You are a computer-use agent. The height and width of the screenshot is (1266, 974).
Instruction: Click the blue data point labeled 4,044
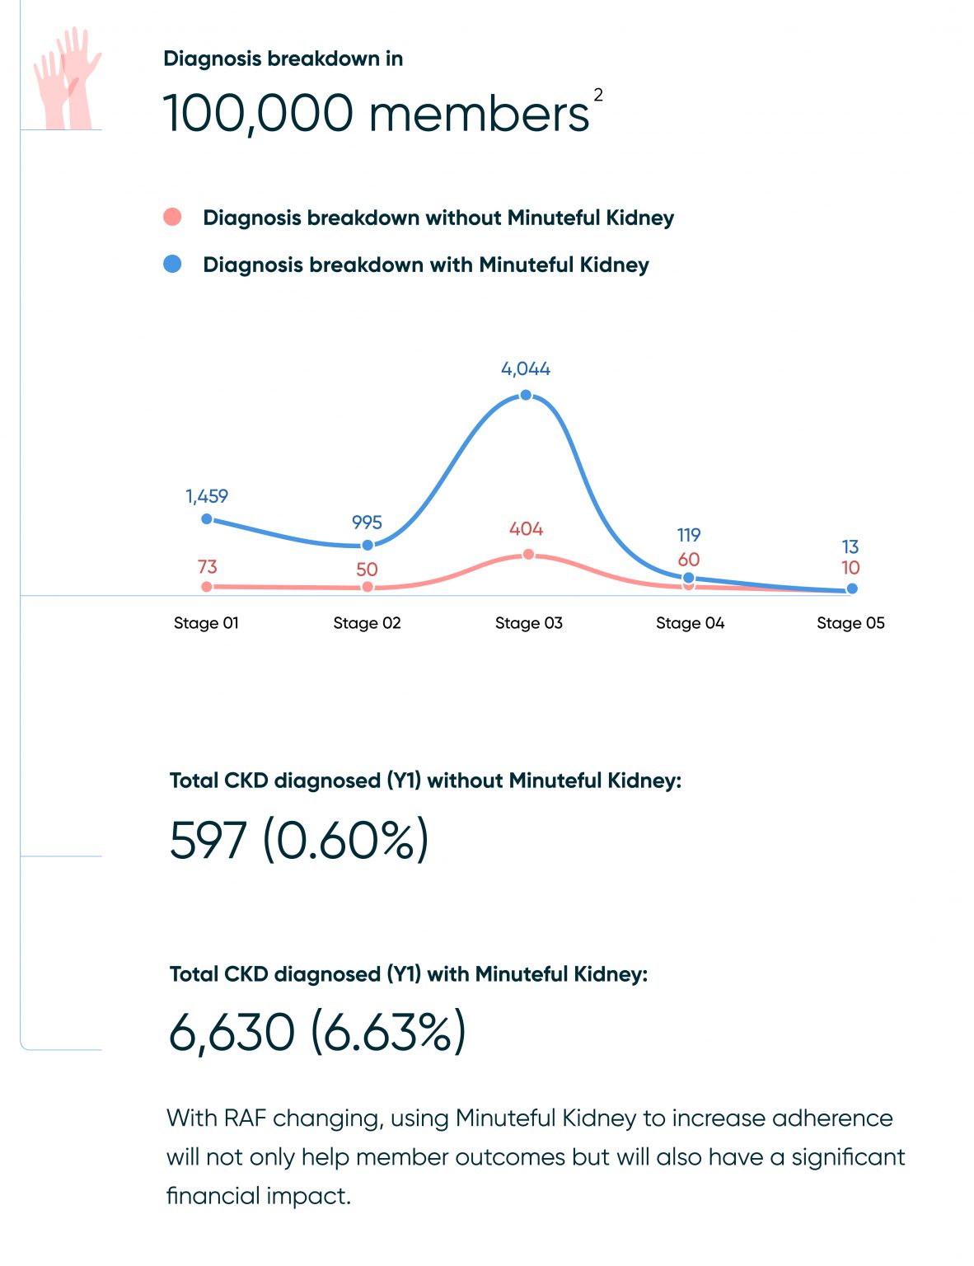pyautogui.click(x=526, y=395)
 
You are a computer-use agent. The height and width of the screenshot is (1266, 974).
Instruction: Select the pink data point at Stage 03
pyautogui.click(x=528, y=554)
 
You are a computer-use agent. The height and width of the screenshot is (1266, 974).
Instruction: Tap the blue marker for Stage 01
pyautogui.click(x=207, y=518)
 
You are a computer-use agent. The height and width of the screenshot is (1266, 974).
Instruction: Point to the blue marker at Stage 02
pyautogui.click(x=368, y=545)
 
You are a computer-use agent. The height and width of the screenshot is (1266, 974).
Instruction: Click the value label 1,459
pyautogui.click(x=207, y=496)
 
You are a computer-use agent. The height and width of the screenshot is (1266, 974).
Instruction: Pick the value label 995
pyautogui.click(x=367, y=523)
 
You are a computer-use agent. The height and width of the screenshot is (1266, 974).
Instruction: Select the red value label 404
pyautogui.click(x=526, y=529)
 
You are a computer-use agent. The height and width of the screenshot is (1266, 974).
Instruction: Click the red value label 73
pyautogui.click(x=207, y=567)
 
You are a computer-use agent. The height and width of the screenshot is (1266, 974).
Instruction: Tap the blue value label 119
pyautogui.click(x=689, y=535)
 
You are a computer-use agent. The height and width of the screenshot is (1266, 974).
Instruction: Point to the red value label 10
pyautogui.click(x=850, y=568)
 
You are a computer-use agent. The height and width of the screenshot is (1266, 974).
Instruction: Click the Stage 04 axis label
pyautogui.click(x=690, y=623)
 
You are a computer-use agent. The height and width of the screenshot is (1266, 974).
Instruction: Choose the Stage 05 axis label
pyautogui.click(x=850, y=623)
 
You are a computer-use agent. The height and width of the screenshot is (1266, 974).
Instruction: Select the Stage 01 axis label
pyautogui.click(x=206, y=623)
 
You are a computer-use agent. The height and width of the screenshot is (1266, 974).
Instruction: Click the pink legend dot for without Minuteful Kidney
pyautogui.click(x=172, y=218)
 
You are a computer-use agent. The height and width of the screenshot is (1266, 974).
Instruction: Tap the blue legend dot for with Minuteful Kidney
pyautogui.click(x=172, y=264)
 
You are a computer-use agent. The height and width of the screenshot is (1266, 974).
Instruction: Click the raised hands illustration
pyautogui.click(x=68, y=78)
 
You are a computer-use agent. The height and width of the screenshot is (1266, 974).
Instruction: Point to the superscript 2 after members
pyautogui.click(x=598, y=95)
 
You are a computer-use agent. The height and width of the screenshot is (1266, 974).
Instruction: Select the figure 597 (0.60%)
pyautogui.click(x=299, y=840)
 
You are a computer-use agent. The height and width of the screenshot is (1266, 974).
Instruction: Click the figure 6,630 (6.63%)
pyautogui.click(x=317, y=1032)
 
